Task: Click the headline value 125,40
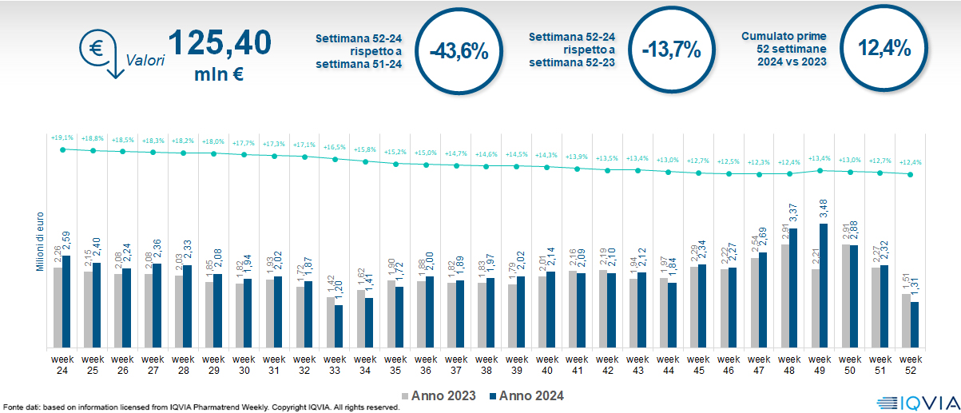(x=219, y=44)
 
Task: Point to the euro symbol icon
(x=95, y=48)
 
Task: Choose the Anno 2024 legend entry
(x=526, y=395)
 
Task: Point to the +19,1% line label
(x=62, y=137)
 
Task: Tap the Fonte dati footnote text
(x=200, y=407)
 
